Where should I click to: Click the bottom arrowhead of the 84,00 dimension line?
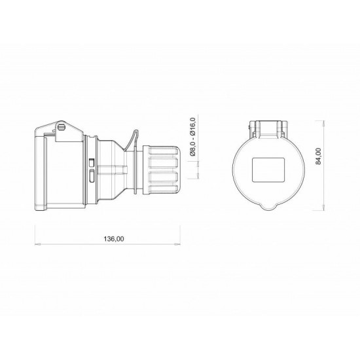[x=325, y=209]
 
